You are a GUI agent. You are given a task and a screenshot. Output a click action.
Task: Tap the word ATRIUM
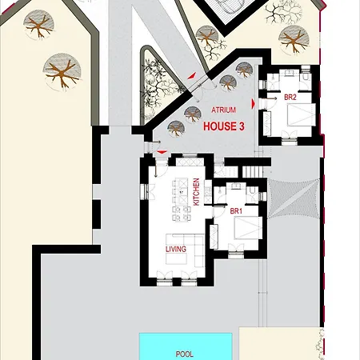click(x=223, y=110)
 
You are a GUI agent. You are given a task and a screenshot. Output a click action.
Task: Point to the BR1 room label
click(x=236, y=211)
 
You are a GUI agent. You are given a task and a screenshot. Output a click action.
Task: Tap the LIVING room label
click(x=176, y=250)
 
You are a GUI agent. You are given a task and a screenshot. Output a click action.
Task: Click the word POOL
click(x=185, y=352)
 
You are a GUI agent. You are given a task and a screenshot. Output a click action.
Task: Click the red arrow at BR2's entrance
click(x=253, y=102)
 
